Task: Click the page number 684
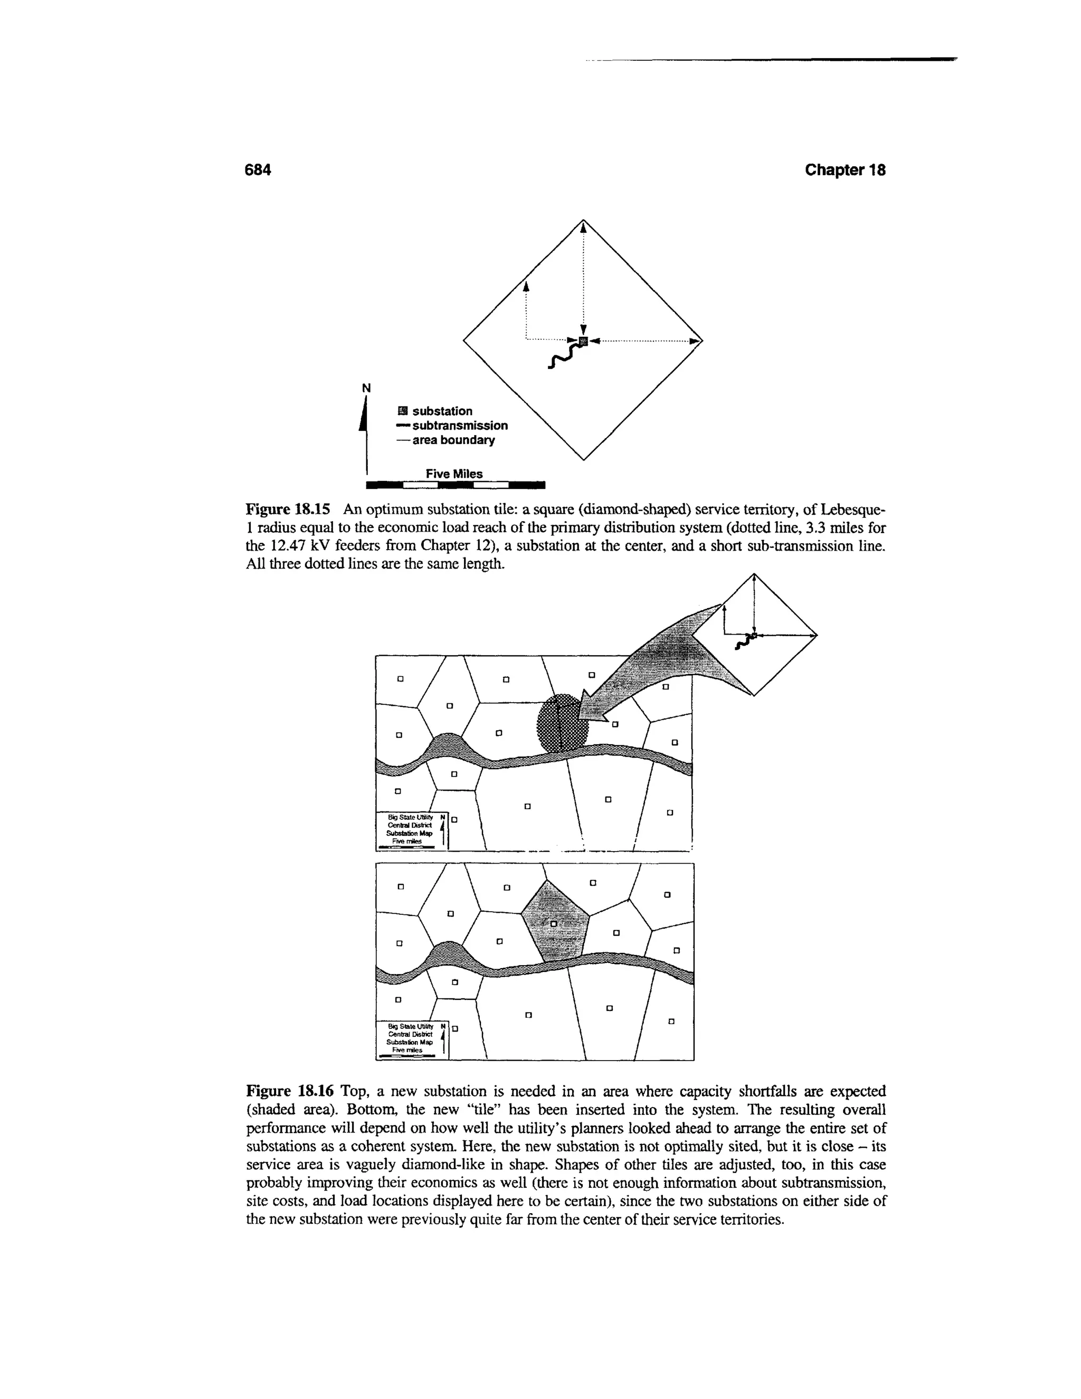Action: (x=259, y=170)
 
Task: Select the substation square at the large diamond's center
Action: (x=583, y=339)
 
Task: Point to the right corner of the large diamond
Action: (x=702, y=340)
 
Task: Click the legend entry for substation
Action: (x=435, y=411)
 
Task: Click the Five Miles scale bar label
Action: (x=454, y=474)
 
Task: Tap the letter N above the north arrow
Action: (x=366, y=387)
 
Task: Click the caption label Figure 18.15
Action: (x=288, y=510)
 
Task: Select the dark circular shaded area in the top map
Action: (x=561, y=723)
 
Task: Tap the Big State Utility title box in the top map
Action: (x=410, y=830)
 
